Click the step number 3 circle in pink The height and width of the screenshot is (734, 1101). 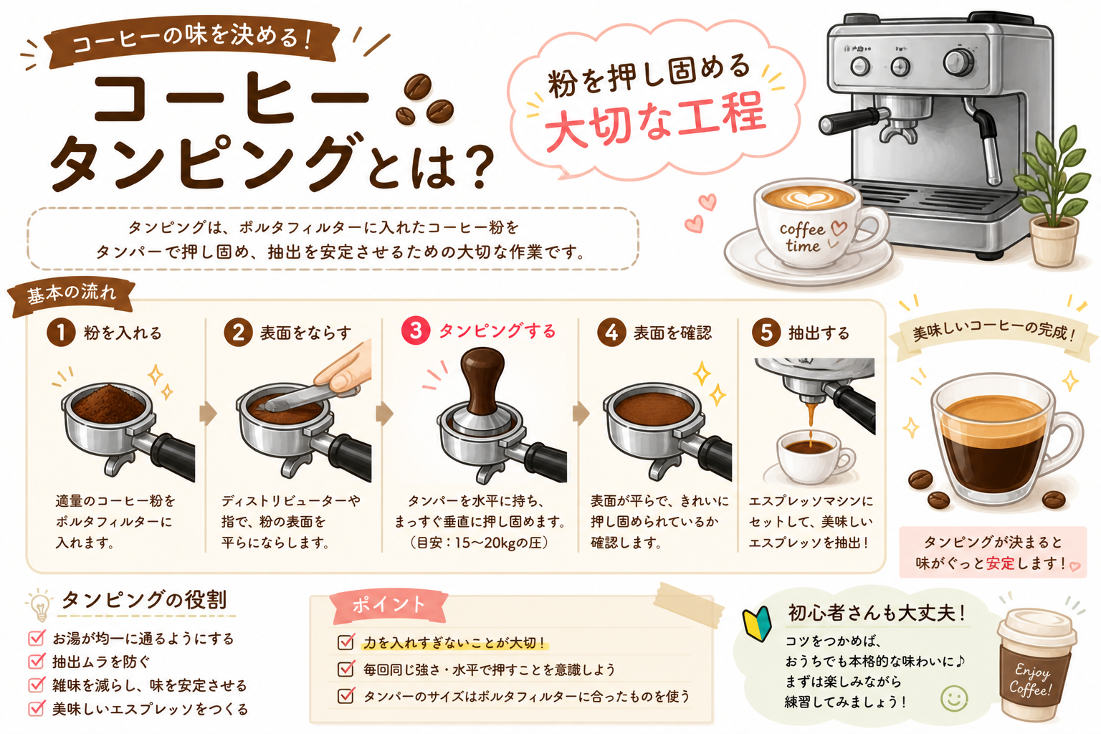point(416,330)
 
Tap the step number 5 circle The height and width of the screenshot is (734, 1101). point(766,333)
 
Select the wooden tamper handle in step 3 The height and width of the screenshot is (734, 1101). point(482,378)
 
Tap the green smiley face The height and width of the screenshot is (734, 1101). point(954,698)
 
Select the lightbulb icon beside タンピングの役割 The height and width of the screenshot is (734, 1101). point(40,605)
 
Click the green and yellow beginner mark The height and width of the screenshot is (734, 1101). point(757,624)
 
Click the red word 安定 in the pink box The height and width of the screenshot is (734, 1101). point(1000,563)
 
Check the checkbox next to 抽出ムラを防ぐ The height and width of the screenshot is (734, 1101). point(37,661)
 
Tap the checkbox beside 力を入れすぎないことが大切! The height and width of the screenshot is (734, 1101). point(345,642)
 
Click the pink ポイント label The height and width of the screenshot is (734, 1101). point(389,606)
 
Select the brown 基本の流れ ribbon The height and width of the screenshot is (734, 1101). point(72,295)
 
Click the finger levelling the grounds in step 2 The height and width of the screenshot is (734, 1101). point(344,368)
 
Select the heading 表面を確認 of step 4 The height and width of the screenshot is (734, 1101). point(672,333)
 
